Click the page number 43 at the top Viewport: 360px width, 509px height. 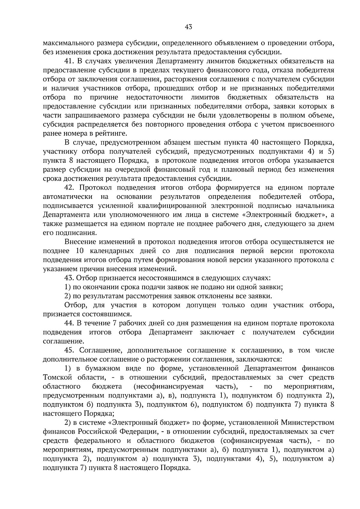188,27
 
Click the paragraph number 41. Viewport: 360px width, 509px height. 69,61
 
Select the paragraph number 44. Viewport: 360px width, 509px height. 69,323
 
